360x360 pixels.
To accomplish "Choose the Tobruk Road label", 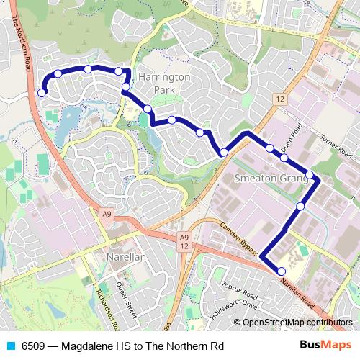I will [240, 291].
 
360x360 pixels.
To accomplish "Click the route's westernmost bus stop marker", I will [42, 93].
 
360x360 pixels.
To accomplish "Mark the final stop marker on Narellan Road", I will [282, 271].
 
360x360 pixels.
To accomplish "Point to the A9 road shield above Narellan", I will [107, 214].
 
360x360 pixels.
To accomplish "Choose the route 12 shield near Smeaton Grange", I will [279, 99].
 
